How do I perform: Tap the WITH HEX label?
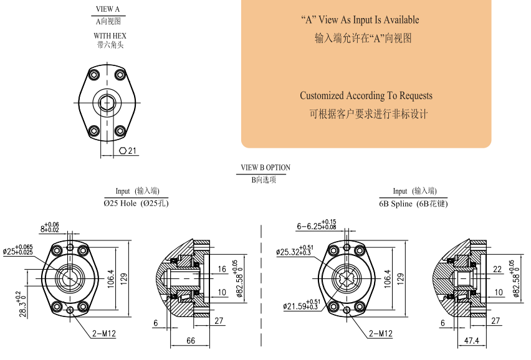(110, 36)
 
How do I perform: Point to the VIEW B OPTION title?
(265, 168)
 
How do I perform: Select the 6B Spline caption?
(413, 204)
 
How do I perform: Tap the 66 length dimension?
(191, 341)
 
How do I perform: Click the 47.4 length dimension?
(471, 341)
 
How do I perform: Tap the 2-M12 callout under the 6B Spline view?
(381, 334)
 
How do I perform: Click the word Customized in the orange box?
(322, 96)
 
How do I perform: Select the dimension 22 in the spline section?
(497, 269)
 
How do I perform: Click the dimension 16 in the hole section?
(222, 269)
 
